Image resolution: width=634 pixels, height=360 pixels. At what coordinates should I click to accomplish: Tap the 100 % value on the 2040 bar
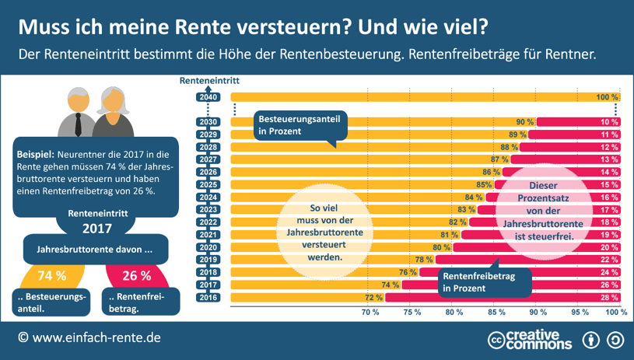point(607,97)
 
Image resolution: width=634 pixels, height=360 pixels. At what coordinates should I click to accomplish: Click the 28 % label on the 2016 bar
point(609,297)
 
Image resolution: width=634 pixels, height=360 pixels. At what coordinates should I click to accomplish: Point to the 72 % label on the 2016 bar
point(373,297)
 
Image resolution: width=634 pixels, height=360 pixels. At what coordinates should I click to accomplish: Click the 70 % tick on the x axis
point(370,312)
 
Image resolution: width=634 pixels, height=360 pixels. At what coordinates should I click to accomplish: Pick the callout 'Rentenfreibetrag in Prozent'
point(483,281)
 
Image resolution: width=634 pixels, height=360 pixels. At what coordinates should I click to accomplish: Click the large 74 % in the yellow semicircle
point(52,276)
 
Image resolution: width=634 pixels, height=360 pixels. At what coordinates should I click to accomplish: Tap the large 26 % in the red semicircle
point(136,276)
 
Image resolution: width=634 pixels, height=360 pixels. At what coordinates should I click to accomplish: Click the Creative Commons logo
point(530,340)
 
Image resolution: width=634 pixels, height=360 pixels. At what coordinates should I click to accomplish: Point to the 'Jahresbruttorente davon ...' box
point(94,250)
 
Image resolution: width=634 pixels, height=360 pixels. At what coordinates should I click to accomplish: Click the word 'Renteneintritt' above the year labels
point(208,80)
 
